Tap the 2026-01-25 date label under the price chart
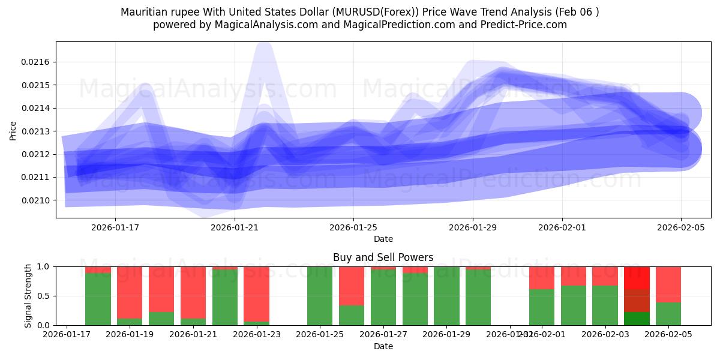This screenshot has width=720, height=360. (x=353, y=227)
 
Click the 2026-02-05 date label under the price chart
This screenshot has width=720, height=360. (x=680, y=227)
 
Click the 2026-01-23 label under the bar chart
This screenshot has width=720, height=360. (x=256, y=335)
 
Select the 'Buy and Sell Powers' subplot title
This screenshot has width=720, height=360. (x=383, y=257)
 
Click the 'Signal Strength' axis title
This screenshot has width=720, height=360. (x=28, y=296)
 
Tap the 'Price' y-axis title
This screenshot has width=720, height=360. (x=13, y=130)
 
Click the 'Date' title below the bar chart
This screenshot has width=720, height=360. (x=383, y=346)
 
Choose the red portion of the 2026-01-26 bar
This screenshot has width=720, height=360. (x=352, y=286)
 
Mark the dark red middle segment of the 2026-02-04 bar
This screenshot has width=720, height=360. (x=637, y=301)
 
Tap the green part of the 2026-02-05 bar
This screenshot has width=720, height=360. (x=668, y=314)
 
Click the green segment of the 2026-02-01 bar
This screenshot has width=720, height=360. (x=542, y=307)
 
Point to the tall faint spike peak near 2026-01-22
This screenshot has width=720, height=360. (x=264, y=48)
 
